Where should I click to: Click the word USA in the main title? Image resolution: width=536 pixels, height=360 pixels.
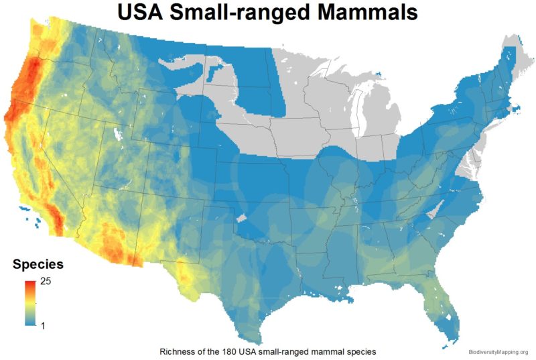click(149, 13)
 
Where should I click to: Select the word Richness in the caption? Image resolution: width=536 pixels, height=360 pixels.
click(177, 351)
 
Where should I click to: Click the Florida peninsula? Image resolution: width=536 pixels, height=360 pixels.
click(445, 315)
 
